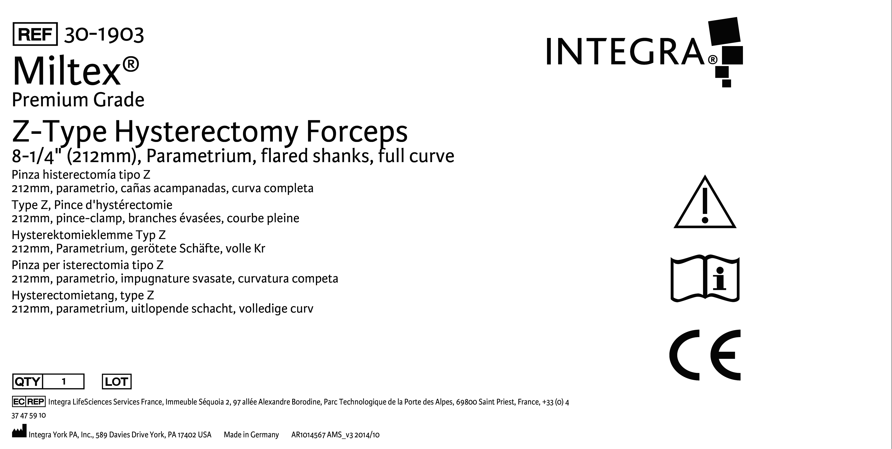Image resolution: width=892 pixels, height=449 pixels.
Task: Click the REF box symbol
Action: pyautogui.click(x=35, y=34)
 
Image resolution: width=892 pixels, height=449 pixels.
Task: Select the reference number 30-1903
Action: pyautogui.click(x=104, y=35)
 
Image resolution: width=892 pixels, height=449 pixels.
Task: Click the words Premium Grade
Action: pyautogui.click(x=78, y=100)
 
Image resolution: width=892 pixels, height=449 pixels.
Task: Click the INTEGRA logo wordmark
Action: pyautogui.click(x=625, y=52)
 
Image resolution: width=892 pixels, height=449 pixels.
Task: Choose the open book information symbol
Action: pyautogui.click(x=705, y=279)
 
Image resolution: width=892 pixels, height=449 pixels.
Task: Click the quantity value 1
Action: pyautogui.click(x=64, y=382)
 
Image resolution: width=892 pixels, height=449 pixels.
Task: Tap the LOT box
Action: pyautogui.click(x=117, y=382)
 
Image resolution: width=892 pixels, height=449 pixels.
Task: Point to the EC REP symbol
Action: pyautogui.click(x=28, y=402)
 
